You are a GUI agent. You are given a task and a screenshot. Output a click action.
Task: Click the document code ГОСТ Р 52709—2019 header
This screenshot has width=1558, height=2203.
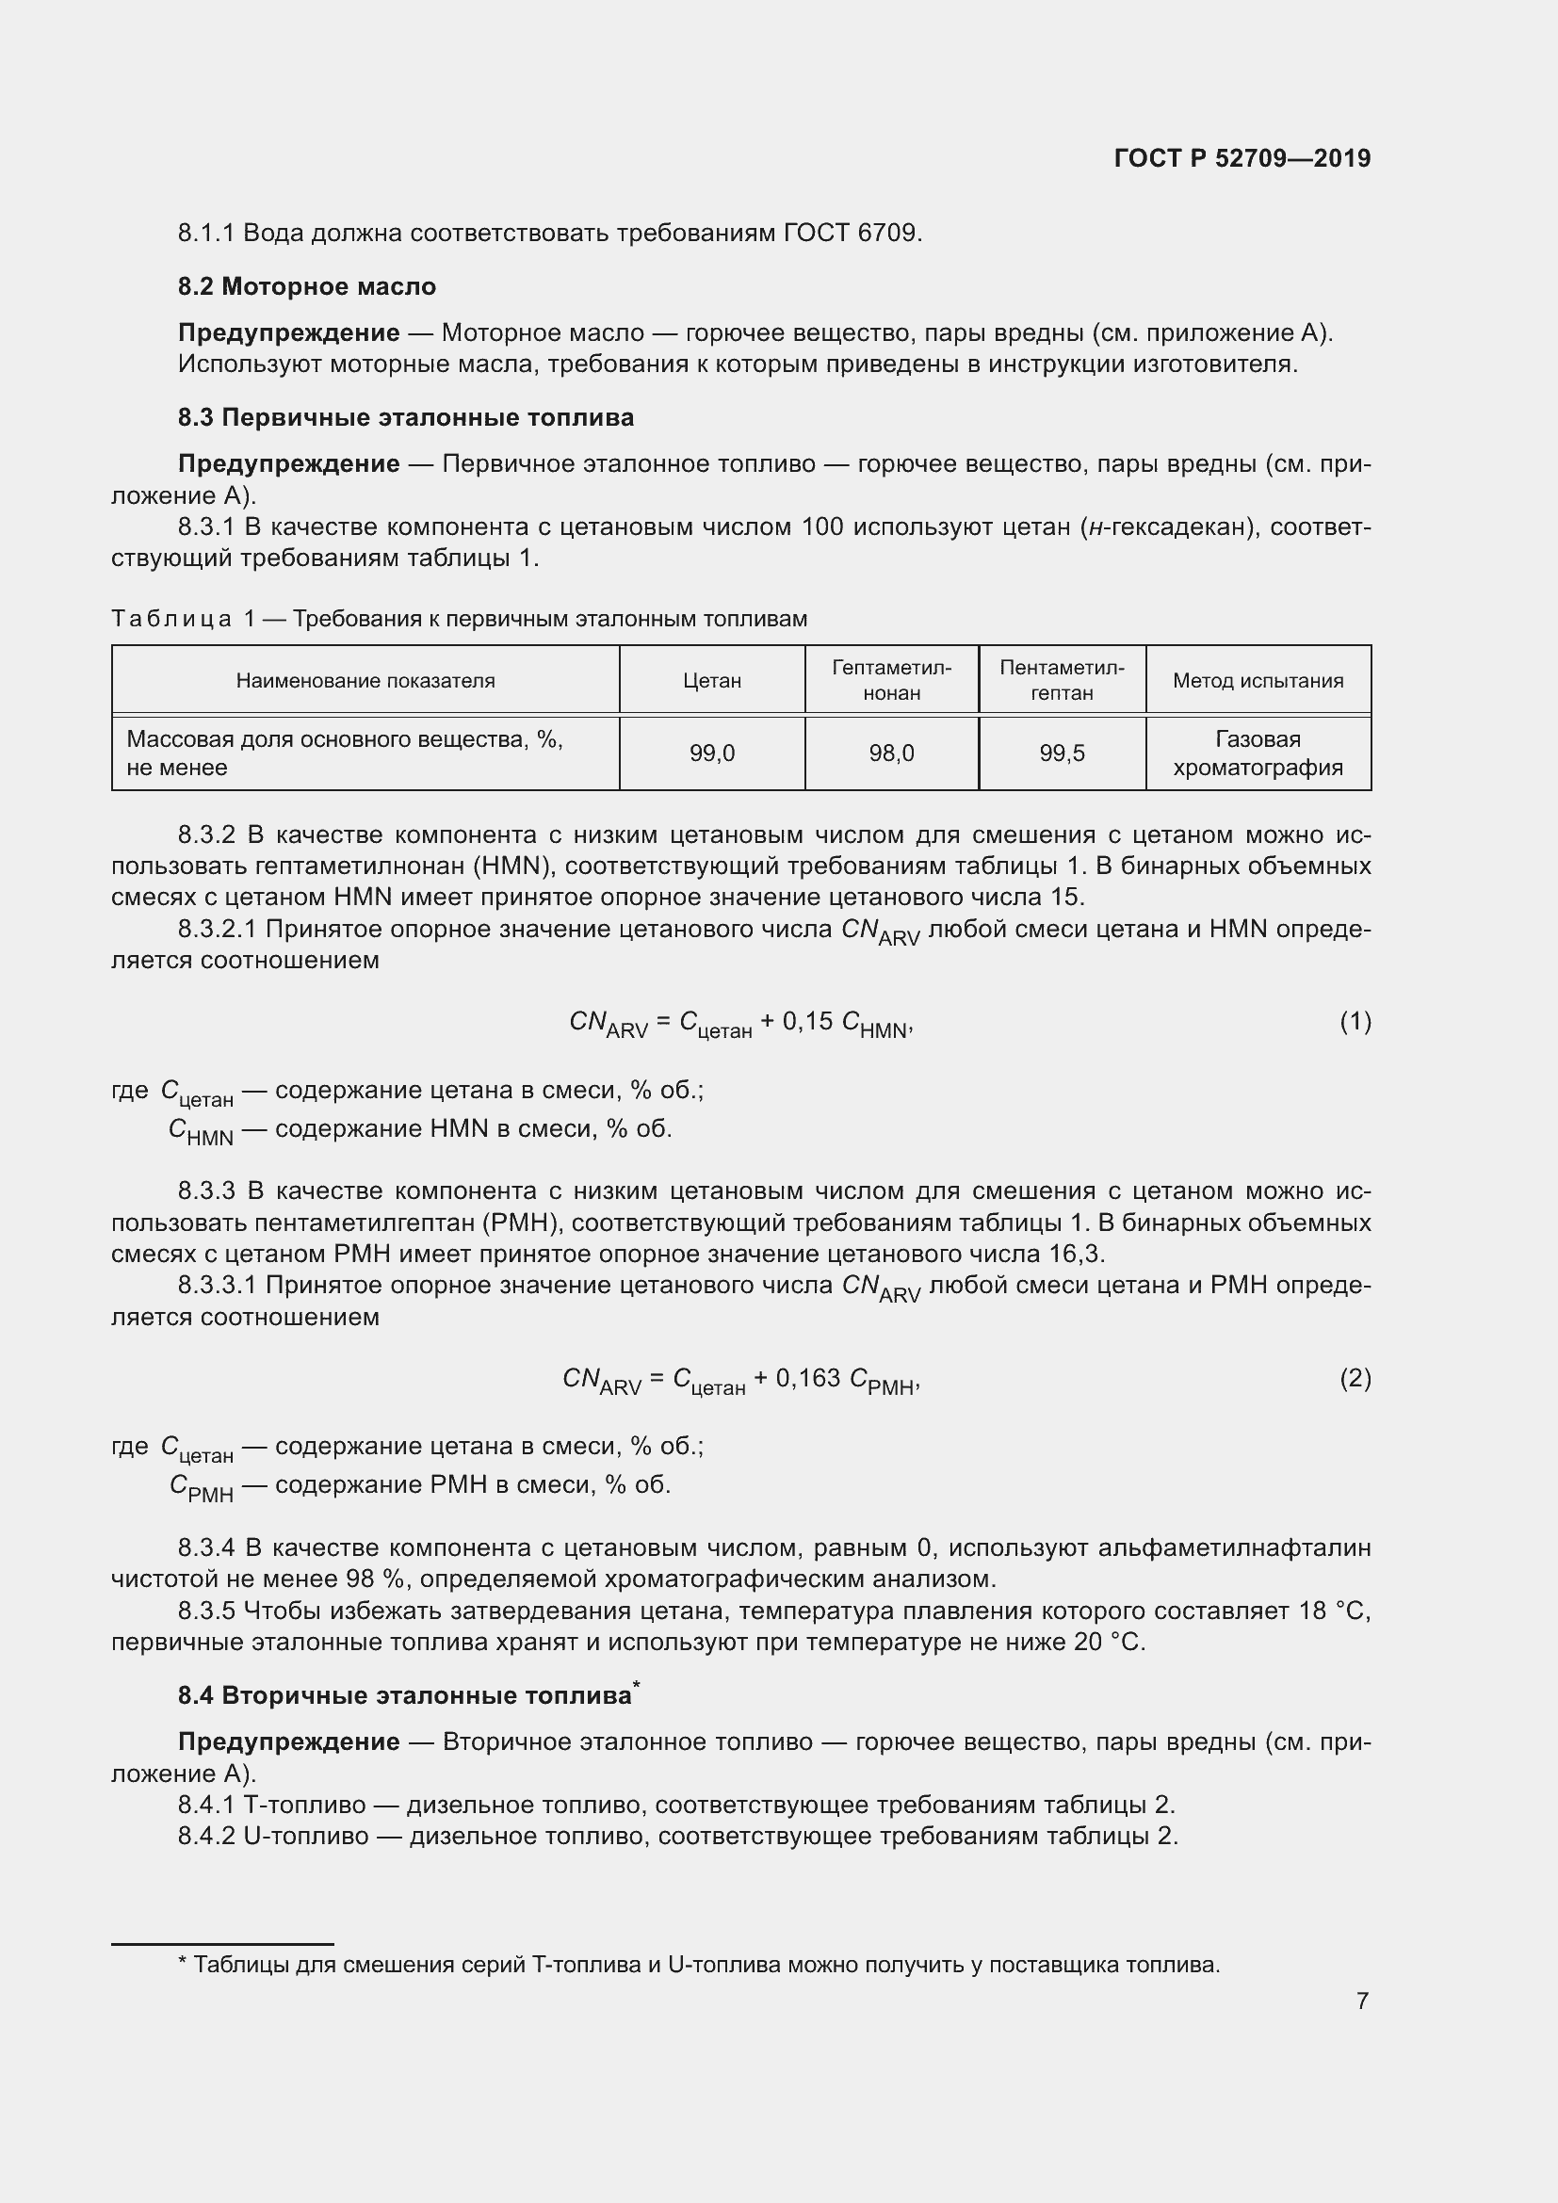pyautogui.click(x=1242, y=158)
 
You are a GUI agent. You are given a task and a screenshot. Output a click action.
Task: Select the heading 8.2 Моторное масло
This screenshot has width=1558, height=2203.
pyautogui.click(x=307, y=287)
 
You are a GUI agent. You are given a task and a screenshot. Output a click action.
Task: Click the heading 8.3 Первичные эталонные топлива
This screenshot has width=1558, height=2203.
pyautogui.click(x=406, y=417)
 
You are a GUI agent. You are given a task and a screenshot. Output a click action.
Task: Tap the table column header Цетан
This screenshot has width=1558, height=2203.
pyautogui.click(x=712, y=680)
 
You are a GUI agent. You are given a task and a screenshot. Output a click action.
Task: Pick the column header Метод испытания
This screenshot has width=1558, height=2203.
pyautogui.click(x=1258, y=680)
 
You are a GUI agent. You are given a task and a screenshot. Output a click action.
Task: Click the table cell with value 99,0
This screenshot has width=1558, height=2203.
pyautogui.click(x=712, y=754)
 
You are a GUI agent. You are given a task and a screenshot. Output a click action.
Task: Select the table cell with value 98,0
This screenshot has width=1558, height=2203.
pyautogui.click(x=891, y=754)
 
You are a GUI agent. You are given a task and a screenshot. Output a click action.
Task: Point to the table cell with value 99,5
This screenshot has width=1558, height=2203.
pyautogui.click(x=1062, y=754)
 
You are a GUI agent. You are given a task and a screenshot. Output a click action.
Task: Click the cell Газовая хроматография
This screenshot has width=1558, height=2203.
pyautogui.click(x=1258, y=753)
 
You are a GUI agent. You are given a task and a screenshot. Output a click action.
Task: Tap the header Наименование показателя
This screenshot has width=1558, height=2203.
pyautogui.click(x=365, y=680)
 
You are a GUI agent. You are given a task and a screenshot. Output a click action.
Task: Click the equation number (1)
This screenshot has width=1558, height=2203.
pyautogui.click(x=1355, y=1022)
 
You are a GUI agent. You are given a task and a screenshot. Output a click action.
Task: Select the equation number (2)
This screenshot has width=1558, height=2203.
pyautogui.click(x=1355, y=1379)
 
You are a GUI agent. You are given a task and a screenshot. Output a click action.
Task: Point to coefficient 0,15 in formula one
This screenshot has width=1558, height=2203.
pyautogui.click(x=808, y=1022)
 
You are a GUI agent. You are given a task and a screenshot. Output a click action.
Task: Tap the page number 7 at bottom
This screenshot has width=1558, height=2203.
pyautogui.click(x=1362, y=2001)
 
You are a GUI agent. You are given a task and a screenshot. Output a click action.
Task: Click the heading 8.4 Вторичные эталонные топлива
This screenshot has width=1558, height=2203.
pyautogui.click(x=406, y=1695)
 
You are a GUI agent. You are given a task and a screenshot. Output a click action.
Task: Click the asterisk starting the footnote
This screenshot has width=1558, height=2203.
pyautogui.click(x=183, y=1964)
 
